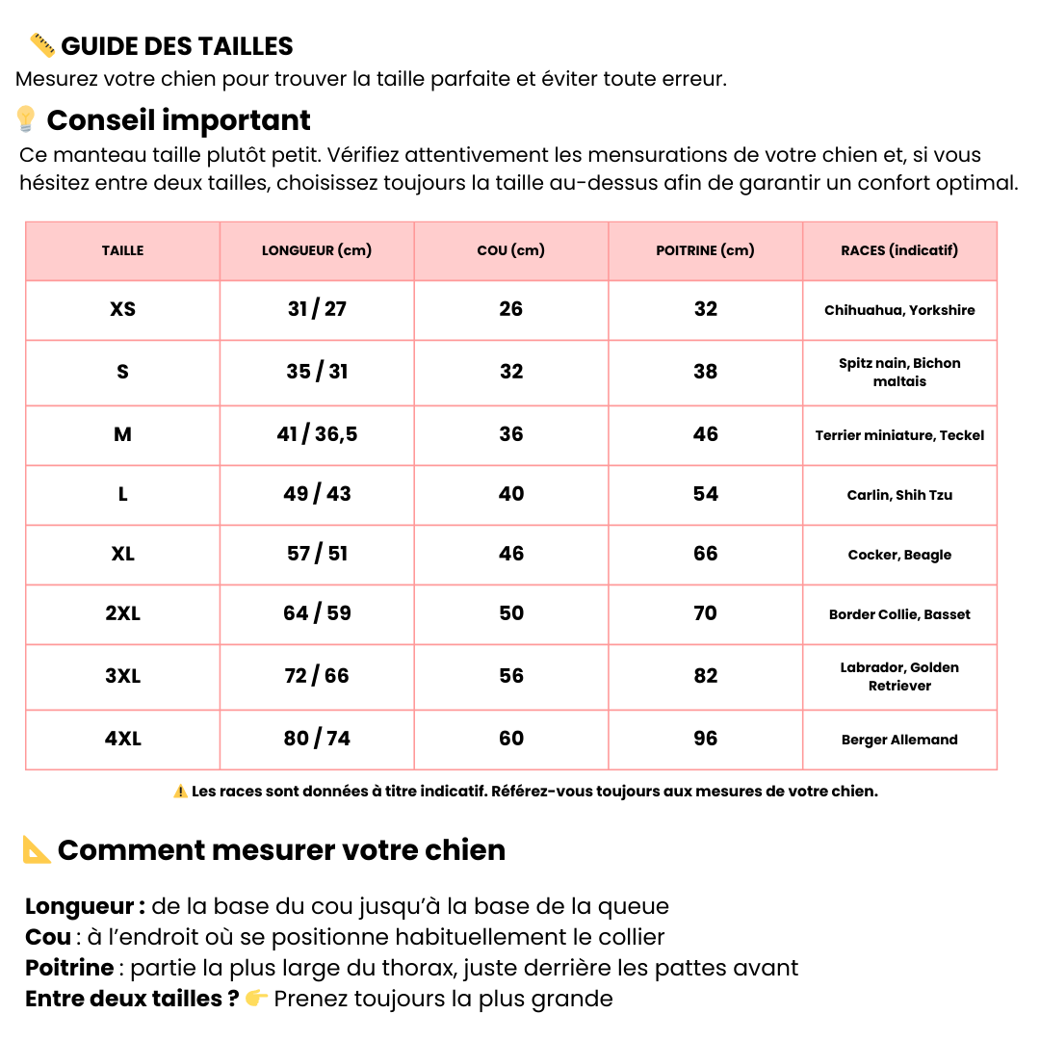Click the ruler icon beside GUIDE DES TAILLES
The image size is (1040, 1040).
41,44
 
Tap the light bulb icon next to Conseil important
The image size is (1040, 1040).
26,119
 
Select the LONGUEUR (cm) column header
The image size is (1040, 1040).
317,250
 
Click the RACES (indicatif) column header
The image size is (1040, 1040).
899,250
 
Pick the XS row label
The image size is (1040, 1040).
122,309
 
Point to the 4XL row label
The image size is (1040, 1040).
122,739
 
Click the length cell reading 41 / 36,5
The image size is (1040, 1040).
317,434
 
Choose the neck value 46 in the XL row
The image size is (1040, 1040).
511,554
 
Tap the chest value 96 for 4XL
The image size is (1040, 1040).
706,739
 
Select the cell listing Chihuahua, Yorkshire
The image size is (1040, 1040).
899,310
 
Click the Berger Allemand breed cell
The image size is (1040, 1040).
899,740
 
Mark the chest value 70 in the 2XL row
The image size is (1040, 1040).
706,613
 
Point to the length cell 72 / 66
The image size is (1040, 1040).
317,676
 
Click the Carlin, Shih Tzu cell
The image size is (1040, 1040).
899,495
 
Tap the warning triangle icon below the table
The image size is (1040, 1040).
180,792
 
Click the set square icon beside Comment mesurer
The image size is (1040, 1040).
37,849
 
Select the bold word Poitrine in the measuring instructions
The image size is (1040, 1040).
68,968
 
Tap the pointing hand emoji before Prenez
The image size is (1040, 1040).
256,999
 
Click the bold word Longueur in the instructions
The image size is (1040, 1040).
80,906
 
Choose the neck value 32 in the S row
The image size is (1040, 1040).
511,372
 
